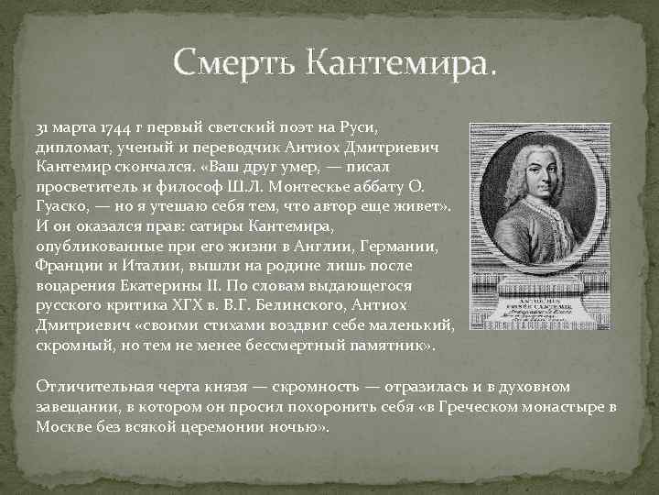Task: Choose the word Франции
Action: coord(70,266)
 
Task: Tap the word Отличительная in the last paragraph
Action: coord(91,388)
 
